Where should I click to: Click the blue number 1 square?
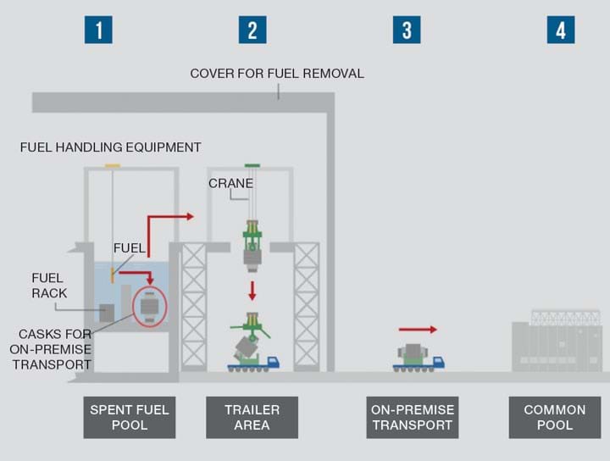pos(98,30)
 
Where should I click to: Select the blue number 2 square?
pos(252,30)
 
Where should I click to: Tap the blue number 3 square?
pos(407,30)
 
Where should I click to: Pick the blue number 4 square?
pos(561,30)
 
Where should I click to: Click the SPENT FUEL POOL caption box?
pos(130,417)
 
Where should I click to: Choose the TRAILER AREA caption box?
pos(252,417)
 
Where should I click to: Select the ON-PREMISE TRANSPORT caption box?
pos(413,417)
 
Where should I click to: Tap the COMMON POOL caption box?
pos(555,417)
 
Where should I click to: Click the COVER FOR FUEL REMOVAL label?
pos(277,74)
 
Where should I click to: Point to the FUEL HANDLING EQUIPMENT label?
pos(111,147)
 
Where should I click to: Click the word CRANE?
pos(230,183)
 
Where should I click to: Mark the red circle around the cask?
pos(149,306)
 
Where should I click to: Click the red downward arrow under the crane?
pos(252,290)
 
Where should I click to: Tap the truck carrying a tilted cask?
pos(252,351)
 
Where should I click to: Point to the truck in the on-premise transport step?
pos(418,358)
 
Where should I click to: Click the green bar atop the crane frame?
pos(252,165)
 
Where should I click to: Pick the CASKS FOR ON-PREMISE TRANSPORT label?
pos(51,349)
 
